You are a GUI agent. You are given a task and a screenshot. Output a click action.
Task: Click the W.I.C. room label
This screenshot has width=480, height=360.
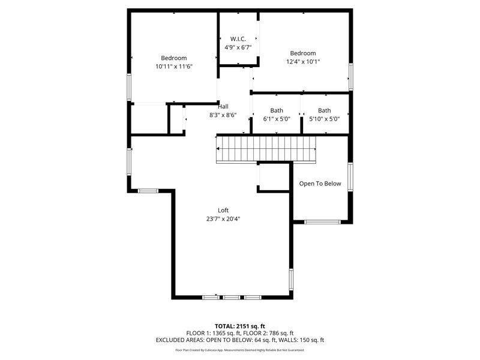click(238, 38)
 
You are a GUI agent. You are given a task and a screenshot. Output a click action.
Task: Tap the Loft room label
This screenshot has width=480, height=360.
click(223, 210)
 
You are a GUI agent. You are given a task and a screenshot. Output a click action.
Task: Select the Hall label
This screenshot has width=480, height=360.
click(223, 106)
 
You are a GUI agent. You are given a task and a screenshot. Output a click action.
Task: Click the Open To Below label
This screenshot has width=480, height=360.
click(320, 184)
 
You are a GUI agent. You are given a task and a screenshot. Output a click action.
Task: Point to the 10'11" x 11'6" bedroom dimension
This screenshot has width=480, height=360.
click(173, 67)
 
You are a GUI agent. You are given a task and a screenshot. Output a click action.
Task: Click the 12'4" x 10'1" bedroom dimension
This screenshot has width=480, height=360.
click(302, 61)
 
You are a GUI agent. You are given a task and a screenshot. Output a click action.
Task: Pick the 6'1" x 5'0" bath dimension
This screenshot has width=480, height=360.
click(277, 119)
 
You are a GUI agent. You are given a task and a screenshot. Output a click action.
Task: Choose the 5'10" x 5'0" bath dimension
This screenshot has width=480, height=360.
click(324, 119)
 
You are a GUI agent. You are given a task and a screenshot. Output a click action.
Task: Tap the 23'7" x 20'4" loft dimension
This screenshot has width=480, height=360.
click(223, 219)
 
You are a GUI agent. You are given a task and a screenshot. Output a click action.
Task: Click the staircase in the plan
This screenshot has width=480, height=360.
click(266, 149)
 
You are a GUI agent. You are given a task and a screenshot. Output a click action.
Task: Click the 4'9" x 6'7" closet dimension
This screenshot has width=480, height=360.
click(238, 47)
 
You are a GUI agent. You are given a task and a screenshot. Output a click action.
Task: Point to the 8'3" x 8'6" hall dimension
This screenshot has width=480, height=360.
click(223, 115)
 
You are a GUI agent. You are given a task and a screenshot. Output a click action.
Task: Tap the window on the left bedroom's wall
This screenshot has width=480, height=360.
click(128, 86)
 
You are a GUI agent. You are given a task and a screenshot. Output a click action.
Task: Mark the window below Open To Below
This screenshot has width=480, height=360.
click(323, 222)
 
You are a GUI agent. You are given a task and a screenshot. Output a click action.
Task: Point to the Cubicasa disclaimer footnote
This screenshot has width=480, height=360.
click(240, 350)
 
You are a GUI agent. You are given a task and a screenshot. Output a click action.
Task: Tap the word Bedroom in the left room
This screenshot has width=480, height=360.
click(173, 58)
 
